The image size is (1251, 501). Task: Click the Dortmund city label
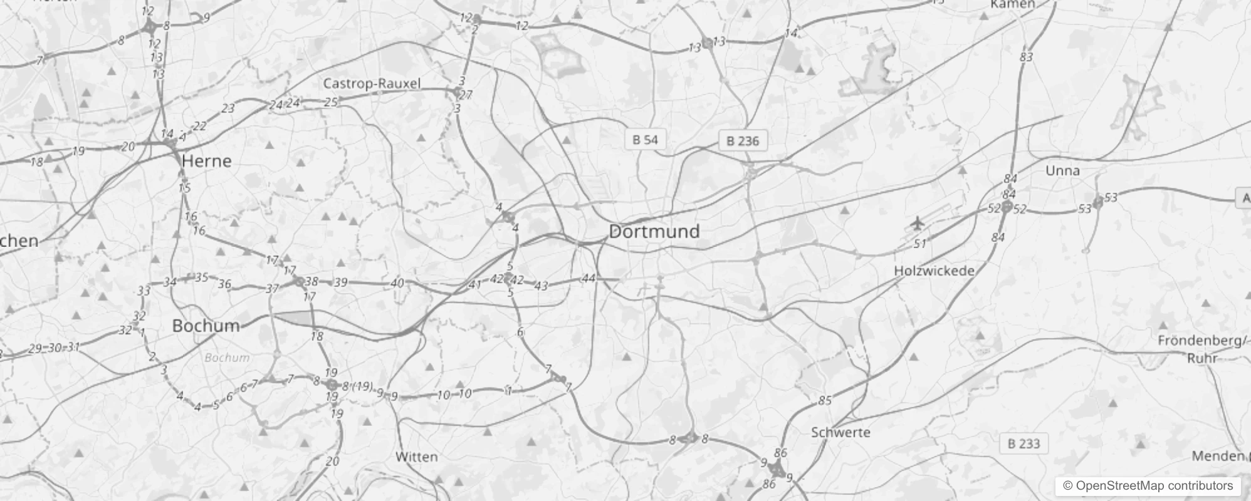[x=654, y=231]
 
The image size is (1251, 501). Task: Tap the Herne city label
[x=206, y=161]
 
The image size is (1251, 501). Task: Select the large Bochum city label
[x=206, y=326]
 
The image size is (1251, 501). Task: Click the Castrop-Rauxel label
[x=372, y=83]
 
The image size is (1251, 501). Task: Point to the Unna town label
[x=1062, y=170]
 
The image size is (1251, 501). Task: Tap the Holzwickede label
[x=934, y=271]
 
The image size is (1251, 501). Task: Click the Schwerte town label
[x=840, y=432]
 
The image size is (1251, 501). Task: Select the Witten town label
[x=416, y=457]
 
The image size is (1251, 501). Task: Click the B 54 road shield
[x=645, y=140]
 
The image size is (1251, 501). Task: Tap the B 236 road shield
[x=742, y=141]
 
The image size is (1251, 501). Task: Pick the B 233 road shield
[x=1023, y=444]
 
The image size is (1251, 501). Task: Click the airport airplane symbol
[x=917, y=222]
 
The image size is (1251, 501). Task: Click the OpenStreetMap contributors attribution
[x=1147, y=485]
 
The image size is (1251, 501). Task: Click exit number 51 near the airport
[x=919, y=244]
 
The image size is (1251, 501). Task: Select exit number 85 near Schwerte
[x=825, y=400]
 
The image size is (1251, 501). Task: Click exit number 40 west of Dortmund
[x=397, y=283]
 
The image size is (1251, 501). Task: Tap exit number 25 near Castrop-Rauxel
[x=331, y=101]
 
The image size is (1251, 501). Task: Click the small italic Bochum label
[x=227, y=358]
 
